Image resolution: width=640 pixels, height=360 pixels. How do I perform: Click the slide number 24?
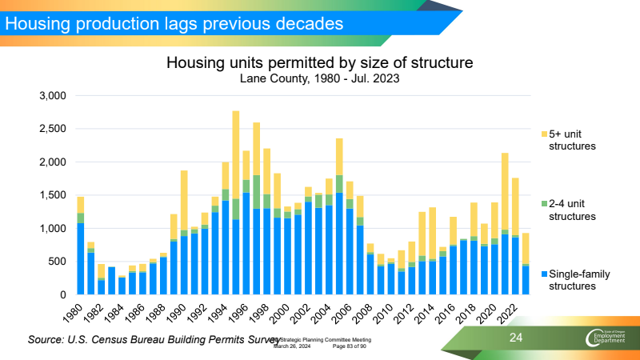517,340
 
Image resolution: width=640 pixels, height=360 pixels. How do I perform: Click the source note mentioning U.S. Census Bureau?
152,341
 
